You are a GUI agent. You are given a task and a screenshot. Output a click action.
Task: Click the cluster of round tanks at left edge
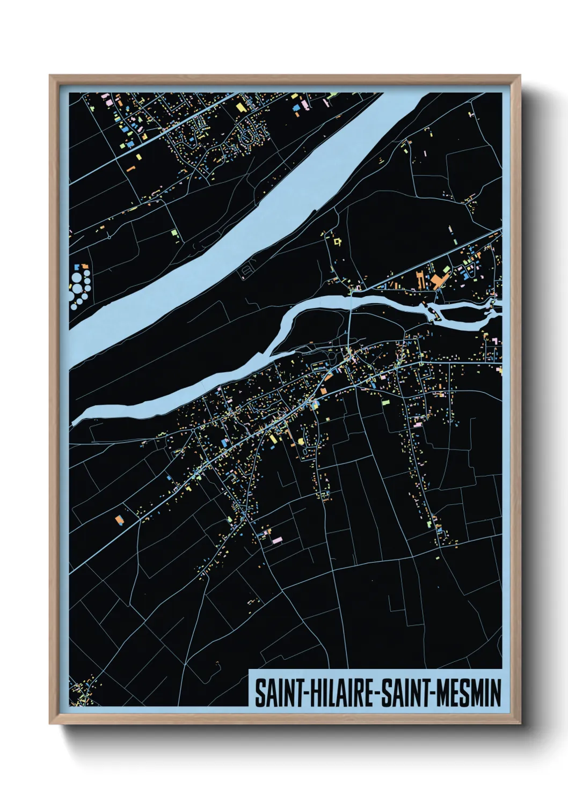80,285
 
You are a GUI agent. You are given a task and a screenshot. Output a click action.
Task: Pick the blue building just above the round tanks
76,266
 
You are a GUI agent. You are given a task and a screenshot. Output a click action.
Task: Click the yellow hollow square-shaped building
337,242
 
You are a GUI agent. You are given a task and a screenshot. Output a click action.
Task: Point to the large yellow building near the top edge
240,107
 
